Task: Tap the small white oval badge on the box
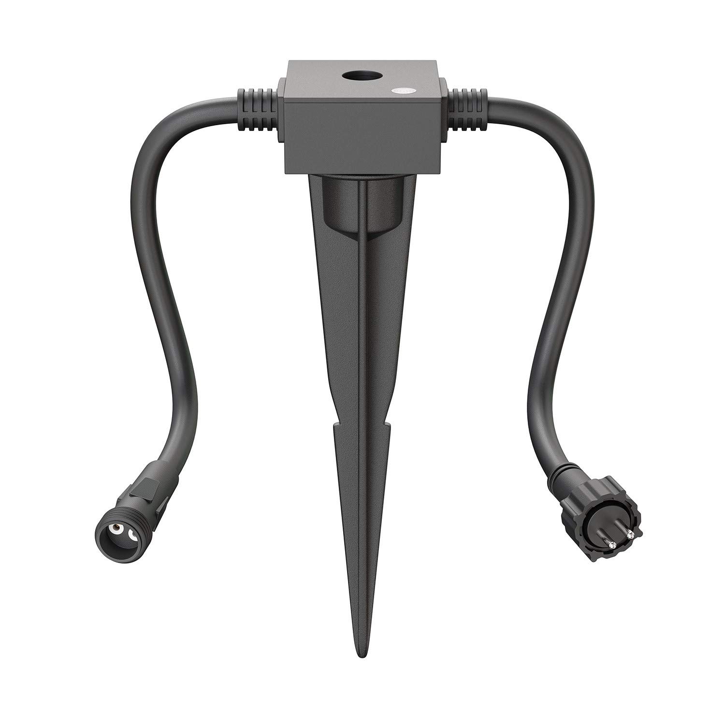tap(401, 90)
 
